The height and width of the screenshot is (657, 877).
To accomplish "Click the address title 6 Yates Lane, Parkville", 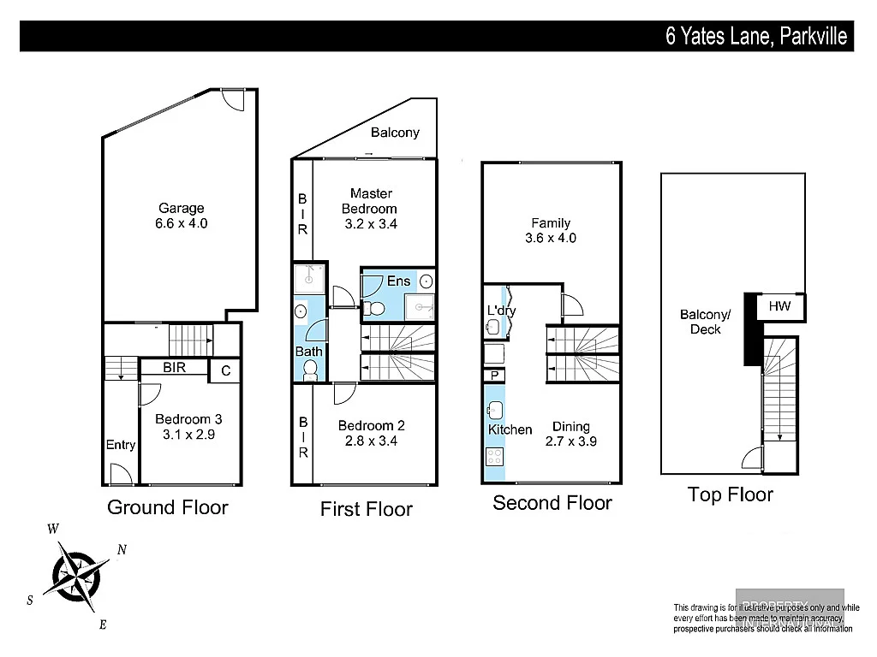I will tap(756, 37).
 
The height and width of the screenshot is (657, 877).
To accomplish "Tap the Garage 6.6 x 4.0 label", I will tap(182, 216).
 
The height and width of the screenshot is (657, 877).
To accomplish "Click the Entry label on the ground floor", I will tap(121, 445).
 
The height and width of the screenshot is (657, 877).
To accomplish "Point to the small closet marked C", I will tap(225, 370).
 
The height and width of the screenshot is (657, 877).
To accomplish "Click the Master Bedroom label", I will tap(370, 201).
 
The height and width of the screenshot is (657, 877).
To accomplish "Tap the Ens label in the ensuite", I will tap(398, 281).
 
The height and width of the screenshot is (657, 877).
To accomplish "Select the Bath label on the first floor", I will tap(308, 351).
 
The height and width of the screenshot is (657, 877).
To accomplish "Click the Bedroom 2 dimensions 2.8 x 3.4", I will tap(371, 441).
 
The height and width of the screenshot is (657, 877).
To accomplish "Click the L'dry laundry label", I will tap(501, 311).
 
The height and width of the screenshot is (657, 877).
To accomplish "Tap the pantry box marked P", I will tap(494, 376).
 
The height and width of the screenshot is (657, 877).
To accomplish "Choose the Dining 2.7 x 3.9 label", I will tap(571, 435).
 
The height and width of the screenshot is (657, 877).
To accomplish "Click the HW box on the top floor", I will tap(779, 306).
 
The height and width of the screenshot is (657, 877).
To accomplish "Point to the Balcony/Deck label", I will tap(705, 322).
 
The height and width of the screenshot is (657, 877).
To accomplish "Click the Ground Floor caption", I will tap(168, 507).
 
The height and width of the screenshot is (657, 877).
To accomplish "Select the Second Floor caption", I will tap(552, 503).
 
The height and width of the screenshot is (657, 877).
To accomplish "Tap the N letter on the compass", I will tap(122, 550).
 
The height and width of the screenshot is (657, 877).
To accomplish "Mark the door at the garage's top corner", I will tap(233, 98).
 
